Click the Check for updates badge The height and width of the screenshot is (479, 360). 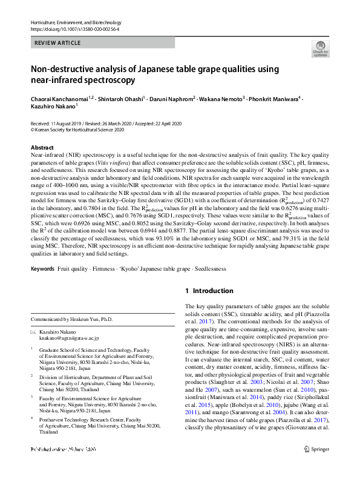[x=319, y=48]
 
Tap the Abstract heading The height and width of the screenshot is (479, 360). [x=42, y=148]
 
